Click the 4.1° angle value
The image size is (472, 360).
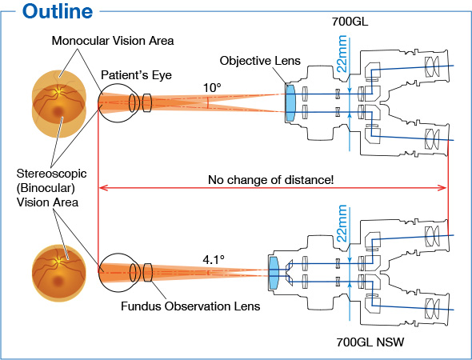[214, 258]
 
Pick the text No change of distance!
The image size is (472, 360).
[270, 179]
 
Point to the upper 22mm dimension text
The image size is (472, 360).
[342, 54]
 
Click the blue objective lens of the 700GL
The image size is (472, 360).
[290, 102]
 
